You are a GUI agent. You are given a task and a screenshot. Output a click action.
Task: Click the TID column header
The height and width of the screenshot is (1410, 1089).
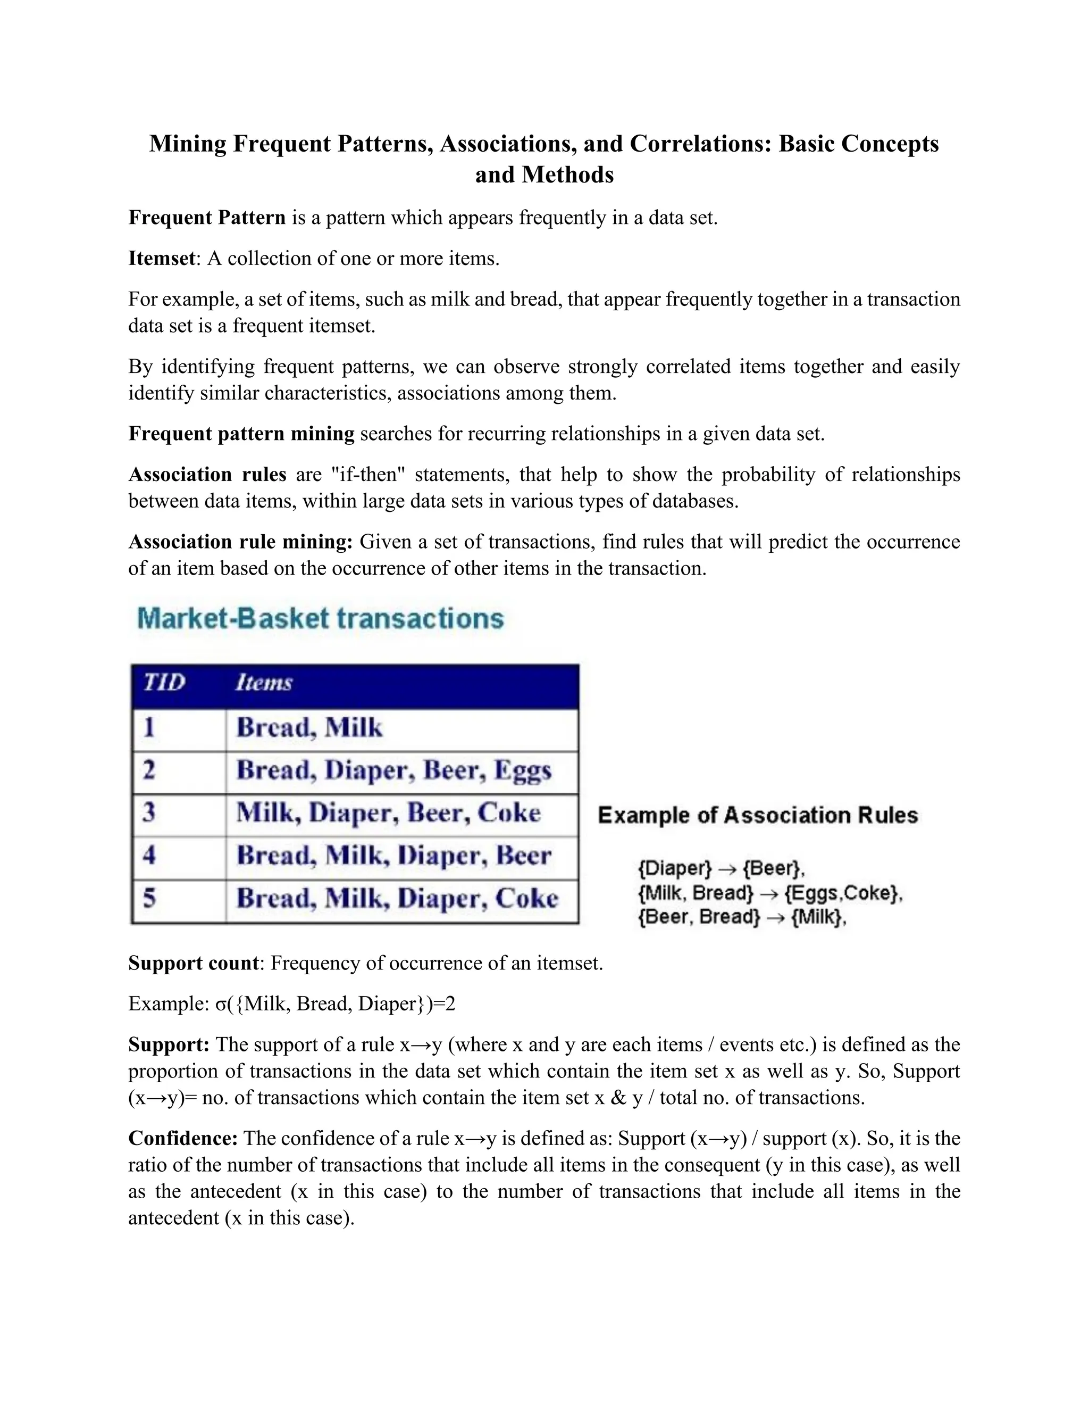164,683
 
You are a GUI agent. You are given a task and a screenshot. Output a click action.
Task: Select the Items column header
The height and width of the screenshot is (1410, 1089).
263,683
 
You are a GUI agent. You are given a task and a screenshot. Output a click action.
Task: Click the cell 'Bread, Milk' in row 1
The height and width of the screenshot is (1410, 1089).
309,727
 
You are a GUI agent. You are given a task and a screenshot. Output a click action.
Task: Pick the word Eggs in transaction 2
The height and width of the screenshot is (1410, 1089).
523,771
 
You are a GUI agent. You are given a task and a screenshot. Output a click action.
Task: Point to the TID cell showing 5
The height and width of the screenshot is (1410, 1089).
149,898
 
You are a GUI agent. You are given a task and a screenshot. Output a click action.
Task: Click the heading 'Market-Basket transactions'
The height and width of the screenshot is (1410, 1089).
320,618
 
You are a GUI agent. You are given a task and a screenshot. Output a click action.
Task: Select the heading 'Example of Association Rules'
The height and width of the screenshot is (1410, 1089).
757,815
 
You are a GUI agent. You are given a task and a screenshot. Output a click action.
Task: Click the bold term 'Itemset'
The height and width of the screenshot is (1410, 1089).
161,258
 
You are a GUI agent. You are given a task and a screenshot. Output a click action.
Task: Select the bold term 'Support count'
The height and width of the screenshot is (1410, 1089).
194,963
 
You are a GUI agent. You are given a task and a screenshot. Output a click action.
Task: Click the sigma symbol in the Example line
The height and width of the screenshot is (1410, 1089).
221,1005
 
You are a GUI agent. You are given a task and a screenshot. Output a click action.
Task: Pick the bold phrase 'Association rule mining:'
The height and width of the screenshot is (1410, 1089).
240,542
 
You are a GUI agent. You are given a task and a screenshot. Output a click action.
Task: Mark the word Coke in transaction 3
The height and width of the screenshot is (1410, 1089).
508,813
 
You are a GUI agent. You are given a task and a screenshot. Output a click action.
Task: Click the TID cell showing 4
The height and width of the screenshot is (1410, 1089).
149,855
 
